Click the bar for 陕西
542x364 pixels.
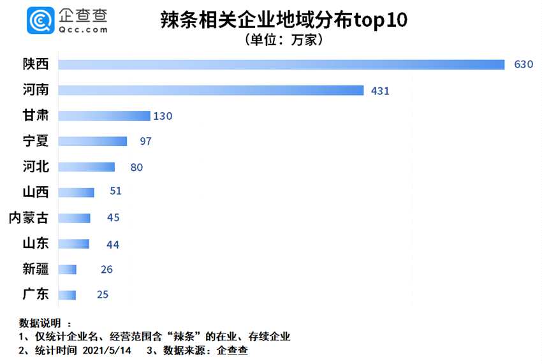(281, 64)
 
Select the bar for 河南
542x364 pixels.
(210, 91)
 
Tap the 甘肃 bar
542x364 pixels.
(104, 116)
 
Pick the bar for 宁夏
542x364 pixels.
(92, 141)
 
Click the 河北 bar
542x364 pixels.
(86, 167)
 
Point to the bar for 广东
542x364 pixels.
(67, 295)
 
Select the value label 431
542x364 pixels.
(380, 91)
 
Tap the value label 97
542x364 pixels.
(145, 141)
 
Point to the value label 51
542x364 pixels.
(115, 191)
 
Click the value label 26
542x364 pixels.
(106, 269)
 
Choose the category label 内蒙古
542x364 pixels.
(28, 217)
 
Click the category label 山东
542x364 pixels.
(36, 243)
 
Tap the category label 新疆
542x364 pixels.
(36, 268)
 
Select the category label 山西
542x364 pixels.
(36, 192)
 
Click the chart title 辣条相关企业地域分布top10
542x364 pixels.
(284, 21)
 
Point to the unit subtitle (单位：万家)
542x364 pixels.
(284, 40)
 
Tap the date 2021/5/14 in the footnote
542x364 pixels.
(108, 350)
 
